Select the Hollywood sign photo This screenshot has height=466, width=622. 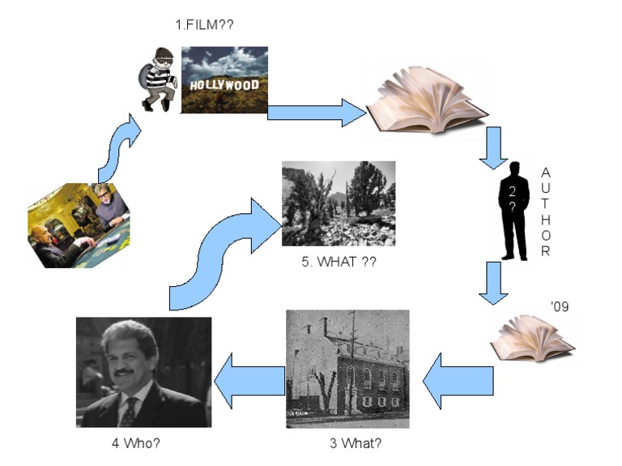coord(224,79)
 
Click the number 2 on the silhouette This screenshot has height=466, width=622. coord(512,192)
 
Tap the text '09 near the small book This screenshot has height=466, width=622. coord(560,307)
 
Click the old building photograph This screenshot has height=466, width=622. coord(347,369)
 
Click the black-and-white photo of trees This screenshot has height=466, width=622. coord(339,203)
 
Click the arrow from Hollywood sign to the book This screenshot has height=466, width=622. coord(316,112)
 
